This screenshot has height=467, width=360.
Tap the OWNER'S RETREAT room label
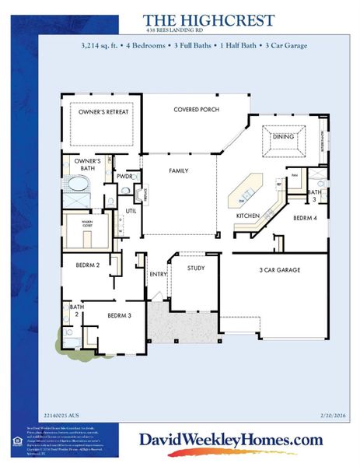pos(103,112)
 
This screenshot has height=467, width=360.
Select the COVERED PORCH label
pos(194,111)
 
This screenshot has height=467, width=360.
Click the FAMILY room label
pos(179,170)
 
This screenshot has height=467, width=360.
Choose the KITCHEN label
pos(247,215)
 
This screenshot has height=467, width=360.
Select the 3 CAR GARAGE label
pos(280,270)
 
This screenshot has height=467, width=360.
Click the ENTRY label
pos(159,274)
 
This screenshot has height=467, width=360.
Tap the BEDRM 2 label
pos(87,265)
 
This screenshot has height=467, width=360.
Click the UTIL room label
pos(131,210)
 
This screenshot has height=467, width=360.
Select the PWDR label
pos(124,176)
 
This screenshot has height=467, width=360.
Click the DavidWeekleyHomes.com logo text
pos(230,440)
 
